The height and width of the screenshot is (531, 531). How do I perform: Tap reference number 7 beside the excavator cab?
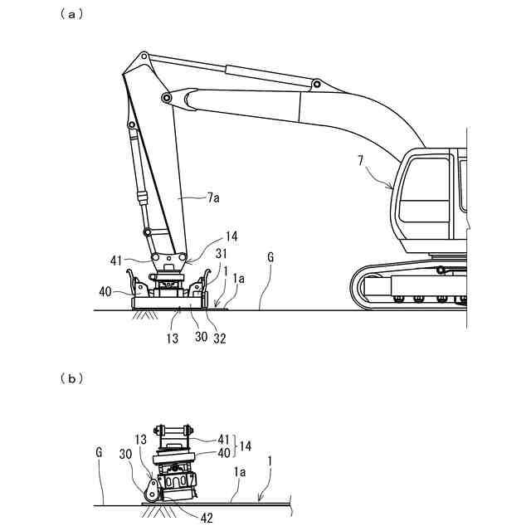click(x=361, y=160)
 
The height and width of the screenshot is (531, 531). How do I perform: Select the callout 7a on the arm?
click(x=214, y=197)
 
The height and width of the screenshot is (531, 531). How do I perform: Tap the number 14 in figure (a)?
click(x=231, y=236)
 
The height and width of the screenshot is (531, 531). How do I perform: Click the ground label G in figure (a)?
click(x=270, y=257)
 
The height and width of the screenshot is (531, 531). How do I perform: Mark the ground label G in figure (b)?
click(x=99, y=451)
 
